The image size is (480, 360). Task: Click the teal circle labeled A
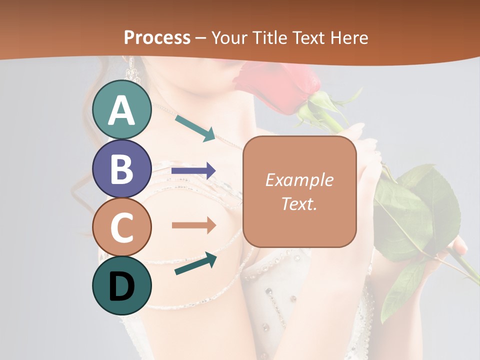[121, 109]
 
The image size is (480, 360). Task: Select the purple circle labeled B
[121, 168]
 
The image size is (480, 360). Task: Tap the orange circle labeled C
[121, 227]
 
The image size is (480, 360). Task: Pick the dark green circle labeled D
[121, 285]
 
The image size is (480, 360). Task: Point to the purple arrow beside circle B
[193, 171]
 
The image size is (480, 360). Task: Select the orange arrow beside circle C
[193, 225]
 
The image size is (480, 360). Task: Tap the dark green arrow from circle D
[195, 263]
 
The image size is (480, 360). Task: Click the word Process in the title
[157, 37]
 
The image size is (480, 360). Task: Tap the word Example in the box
[299, 180]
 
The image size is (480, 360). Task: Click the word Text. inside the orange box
[299, 203]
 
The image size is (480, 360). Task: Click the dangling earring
[132, 69]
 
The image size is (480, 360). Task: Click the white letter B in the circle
[121, 169]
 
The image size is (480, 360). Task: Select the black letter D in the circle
[121, 286]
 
